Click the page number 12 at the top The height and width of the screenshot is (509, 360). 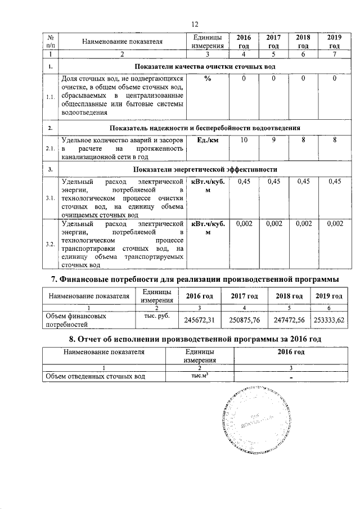pos(195,24)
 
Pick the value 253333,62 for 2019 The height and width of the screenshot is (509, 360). pos(329,320)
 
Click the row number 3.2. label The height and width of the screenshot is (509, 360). pos(50,244)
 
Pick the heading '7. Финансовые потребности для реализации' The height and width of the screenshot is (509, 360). pos(195,280)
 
